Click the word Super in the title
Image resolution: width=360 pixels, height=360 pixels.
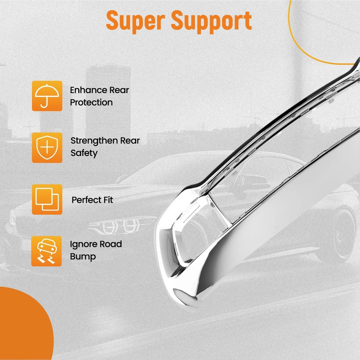135,21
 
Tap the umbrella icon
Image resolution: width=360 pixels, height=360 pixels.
47,96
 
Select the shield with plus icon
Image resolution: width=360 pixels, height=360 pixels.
47,148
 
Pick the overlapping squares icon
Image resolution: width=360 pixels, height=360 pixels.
47,199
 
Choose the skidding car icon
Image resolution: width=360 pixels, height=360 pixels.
46,251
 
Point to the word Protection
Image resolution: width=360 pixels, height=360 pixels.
91,102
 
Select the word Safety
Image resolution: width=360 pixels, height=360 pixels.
84,153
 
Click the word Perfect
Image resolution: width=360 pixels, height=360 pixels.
86,200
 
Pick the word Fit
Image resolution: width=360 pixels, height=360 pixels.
108,200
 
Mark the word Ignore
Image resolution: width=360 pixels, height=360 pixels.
83,244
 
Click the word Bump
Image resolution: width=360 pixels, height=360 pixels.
83,257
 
